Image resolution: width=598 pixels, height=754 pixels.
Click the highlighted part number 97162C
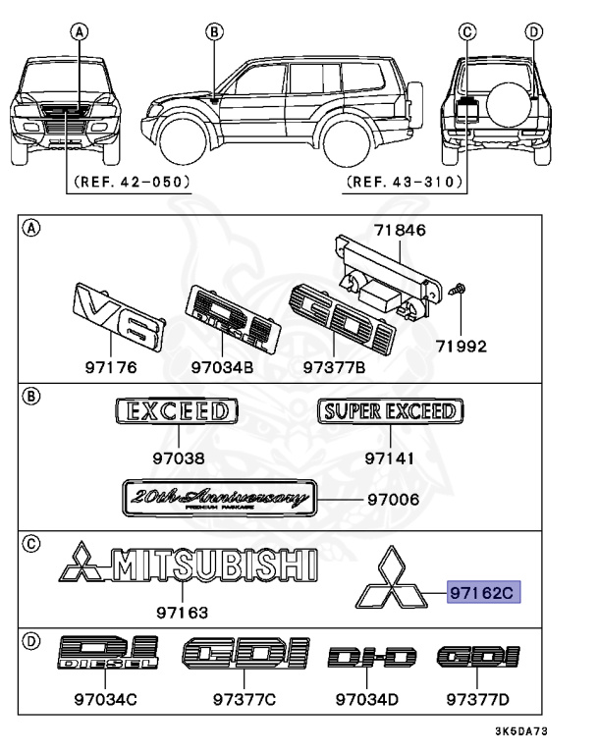click(x=482, y=592)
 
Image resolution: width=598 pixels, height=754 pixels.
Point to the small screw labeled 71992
click(x=460, y=292)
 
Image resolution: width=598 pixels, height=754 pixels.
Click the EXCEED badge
click(x=178, y=410)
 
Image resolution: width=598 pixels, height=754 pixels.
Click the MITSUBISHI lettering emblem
click(x=188, y=565)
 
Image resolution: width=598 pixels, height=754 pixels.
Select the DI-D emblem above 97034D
click(x=372, y=657)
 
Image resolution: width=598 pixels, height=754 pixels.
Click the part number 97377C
click(x=245, y=700)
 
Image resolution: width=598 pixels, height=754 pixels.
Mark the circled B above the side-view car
click(x=212, y=31)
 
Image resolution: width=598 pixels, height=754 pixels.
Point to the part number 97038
click(x=178, y=458)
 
